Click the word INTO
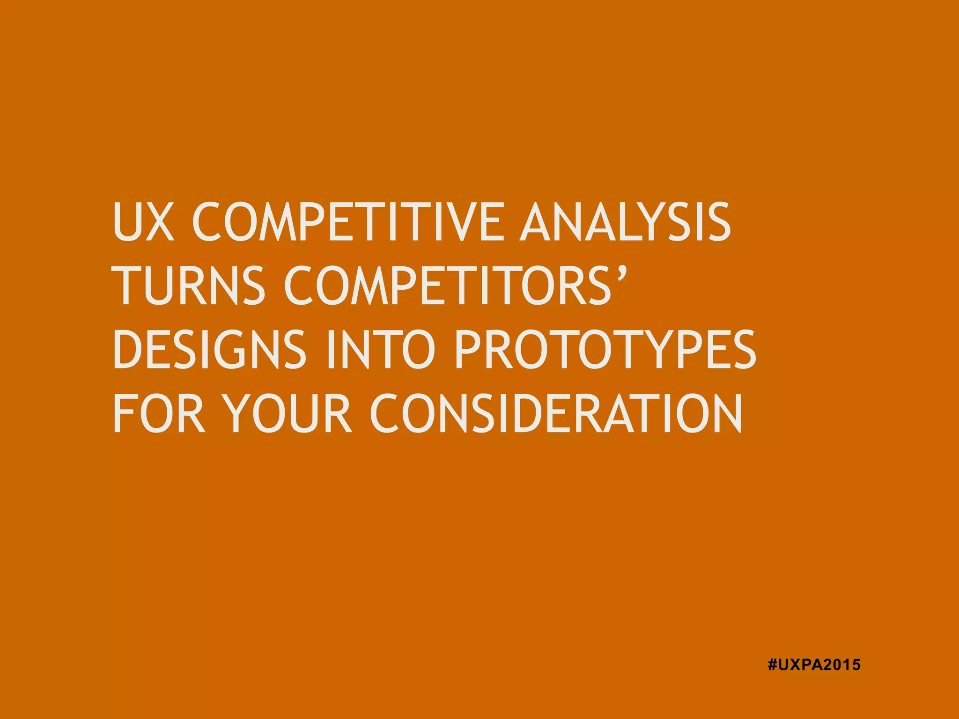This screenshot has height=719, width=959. point(381,349)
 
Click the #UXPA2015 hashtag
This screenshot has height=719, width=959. point(814,665)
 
